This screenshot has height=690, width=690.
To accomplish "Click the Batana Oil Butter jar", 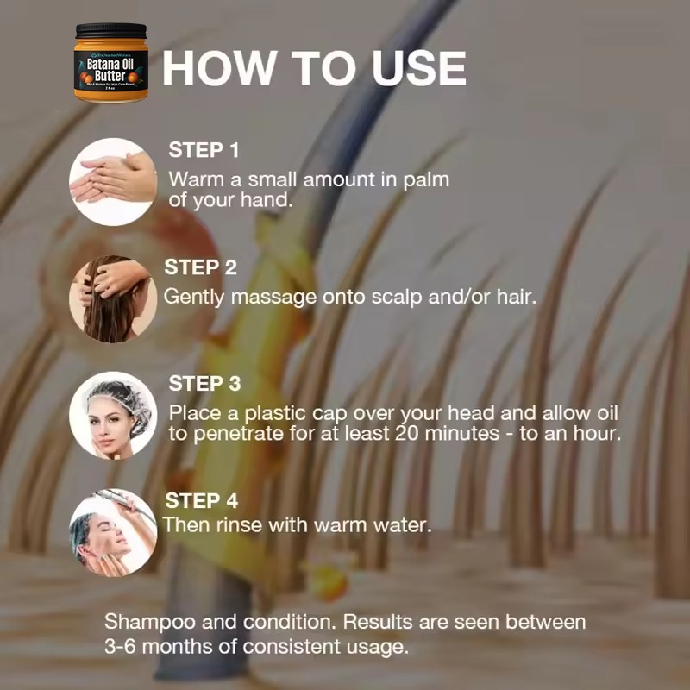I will click(110, 65).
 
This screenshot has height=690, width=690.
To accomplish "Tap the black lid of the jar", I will click(110, 33).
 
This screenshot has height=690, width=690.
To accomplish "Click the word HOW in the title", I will click(216, 68).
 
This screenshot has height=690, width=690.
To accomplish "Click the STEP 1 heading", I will click(204, 150).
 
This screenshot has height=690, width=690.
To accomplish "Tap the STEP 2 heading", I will click(200, 267).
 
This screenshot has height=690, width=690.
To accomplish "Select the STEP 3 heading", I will click(204, 383).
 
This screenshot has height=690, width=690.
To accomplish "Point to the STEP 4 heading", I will click(201, 500).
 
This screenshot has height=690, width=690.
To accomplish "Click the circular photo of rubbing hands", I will click(113, 182).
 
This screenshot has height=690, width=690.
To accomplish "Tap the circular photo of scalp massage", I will click(113, 298).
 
